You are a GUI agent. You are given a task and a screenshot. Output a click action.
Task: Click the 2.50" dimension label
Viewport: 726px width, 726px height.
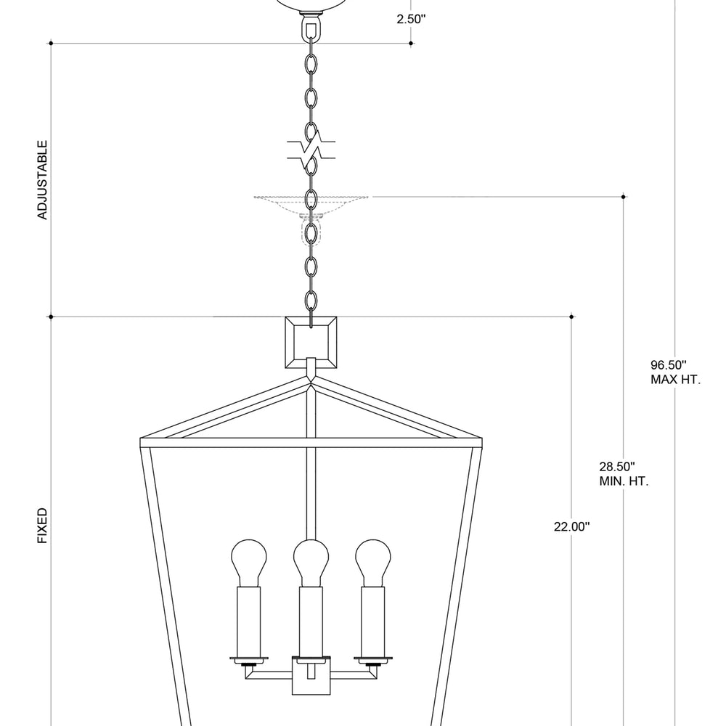click(x=411, y=20)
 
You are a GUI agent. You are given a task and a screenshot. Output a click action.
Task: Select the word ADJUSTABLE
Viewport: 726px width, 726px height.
click(x=42, y=180)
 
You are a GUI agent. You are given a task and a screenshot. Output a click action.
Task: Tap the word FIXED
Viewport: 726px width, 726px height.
click(x=42, y=526)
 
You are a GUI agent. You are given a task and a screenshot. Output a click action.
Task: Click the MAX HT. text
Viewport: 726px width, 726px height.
click(x=676, y=379)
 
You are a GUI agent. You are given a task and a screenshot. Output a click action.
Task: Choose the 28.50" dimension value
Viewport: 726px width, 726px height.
click(x=617, y=467)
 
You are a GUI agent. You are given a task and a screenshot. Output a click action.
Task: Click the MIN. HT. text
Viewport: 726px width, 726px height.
click(x=624, y=481)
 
